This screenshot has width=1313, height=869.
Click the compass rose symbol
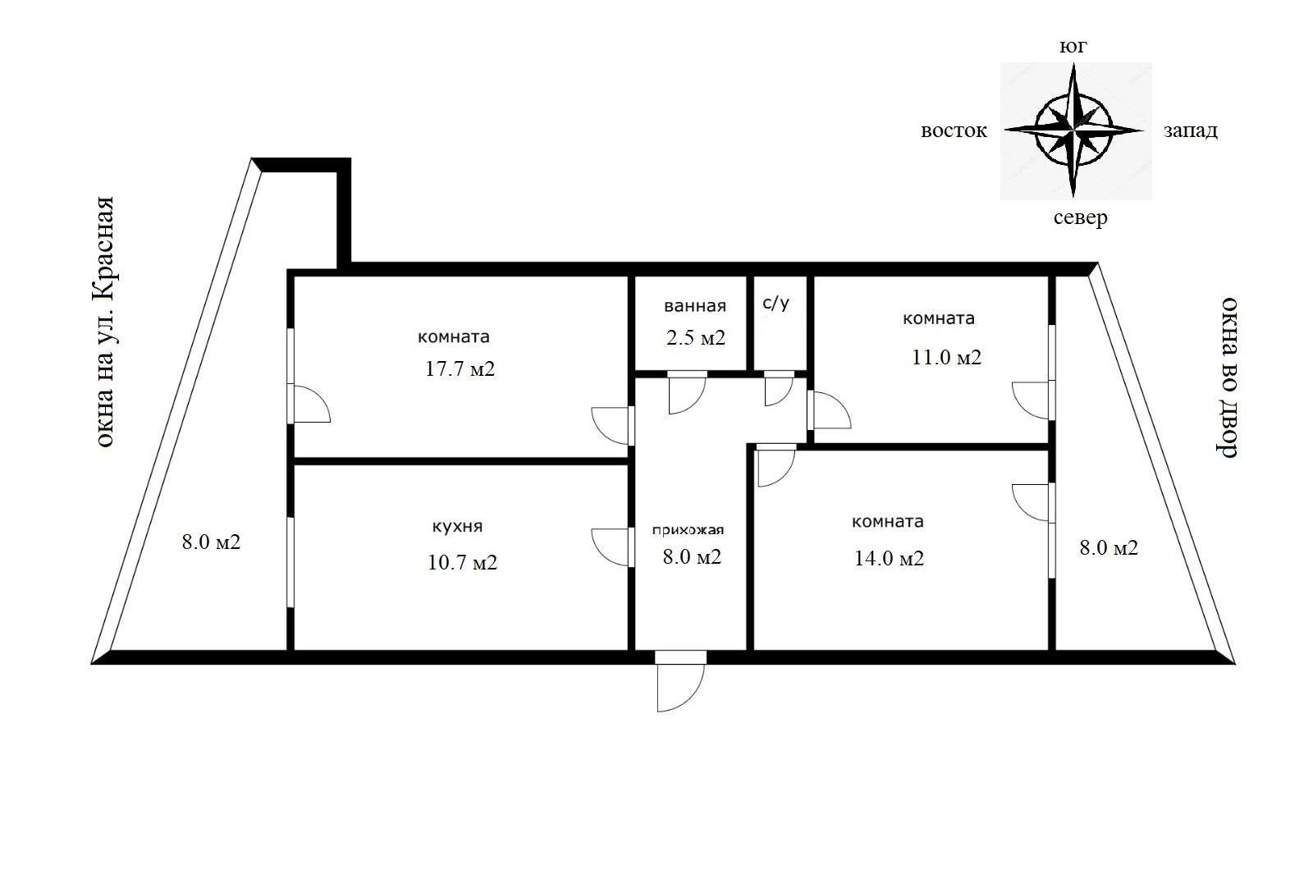tap(1074, 130)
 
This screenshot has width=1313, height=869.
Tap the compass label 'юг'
tap(1073, 46)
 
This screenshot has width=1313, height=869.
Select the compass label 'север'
tap(1080, 218)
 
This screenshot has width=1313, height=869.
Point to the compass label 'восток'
tap(954, 130)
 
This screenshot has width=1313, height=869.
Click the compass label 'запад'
tap(1191, 130)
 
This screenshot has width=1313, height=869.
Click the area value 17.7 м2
tap(460, 368)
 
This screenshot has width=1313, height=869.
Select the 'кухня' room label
tap(457, 526)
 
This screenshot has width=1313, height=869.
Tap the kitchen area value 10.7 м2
tap(462, 562)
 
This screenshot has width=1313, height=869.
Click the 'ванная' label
tap(694, 306)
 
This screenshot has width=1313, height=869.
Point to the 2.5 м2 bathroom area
tap(696, 337)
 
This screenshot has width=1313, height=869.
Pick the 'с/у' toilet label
tap(775, 303)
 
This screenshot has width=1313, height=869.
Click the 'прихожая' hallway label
tap(688, 530)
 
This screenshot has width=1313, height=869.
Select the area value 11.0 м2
tap(946, 357)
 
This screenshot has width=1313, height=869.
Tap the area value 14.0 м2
tap(889, 558)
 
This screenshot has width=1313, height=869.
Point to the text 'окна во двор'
tap(1228, 377)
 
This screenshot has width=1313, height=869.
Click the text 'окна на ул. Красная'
tap(105, 322)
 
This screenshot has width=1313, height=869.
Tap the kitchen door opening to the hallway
tap(612, 547)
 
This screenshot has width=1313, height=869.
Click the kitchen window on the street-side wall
tap(291, 562)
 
